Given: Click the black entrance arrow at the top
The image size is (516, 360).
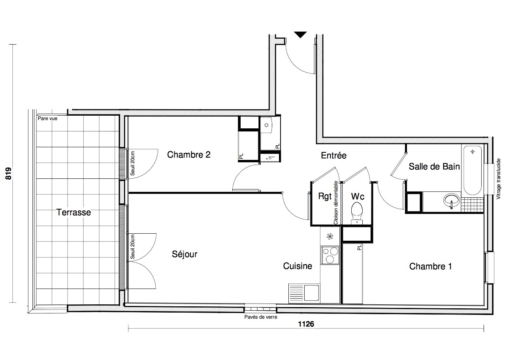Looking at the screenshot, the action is coord(300,34).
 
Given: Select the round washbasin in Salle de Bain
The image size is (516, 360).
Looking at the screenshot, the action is coord(451,201).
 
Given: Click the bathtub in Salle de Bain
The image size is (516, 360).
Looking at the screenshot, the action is coord(473,171).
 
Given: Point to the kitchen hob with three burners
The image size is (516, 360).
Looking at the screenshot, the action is coord(330,255).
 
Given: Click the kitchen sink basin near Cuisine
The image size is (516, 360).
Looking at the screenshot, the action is coord(312,293).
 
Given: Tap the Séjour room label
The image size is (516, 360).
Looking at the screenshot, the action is coord(185,254).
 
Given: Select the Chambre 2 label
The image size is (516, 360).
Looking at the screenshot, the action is coord(189,155).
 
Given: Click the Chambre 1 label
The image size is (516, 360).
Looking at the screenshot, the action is coord(430,266).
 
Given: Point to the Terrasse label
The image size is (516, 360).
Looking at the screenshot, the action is coord(74,212).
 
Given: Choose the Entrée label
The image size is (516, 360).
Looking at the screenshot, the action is coord(333,156).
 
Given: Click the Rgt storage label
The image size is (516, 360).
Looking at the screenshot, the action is coord(325,196).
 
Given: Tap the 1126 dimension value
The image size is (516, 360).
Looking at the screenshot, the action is coord(306,324).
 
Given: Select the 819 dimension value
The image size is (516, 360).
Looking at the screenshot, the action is coord(8,173).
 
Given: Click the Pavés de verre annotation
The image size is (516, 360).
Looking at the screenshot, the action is coord(261,317).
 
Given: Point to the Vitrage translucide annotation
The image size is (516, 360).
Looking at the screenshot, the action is coord(498,179).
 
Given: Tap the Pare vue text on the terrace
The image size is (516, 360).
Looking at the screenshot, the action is coord(47,118).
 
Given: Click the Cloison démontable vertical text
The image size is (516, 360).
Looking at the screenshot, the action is coord(335,202).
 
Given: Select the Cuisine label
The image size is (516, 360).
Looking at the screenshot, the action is coord(298,266).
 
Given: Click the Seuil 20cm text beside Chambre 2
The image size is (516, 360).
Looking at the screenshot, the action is coord(132,163).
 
